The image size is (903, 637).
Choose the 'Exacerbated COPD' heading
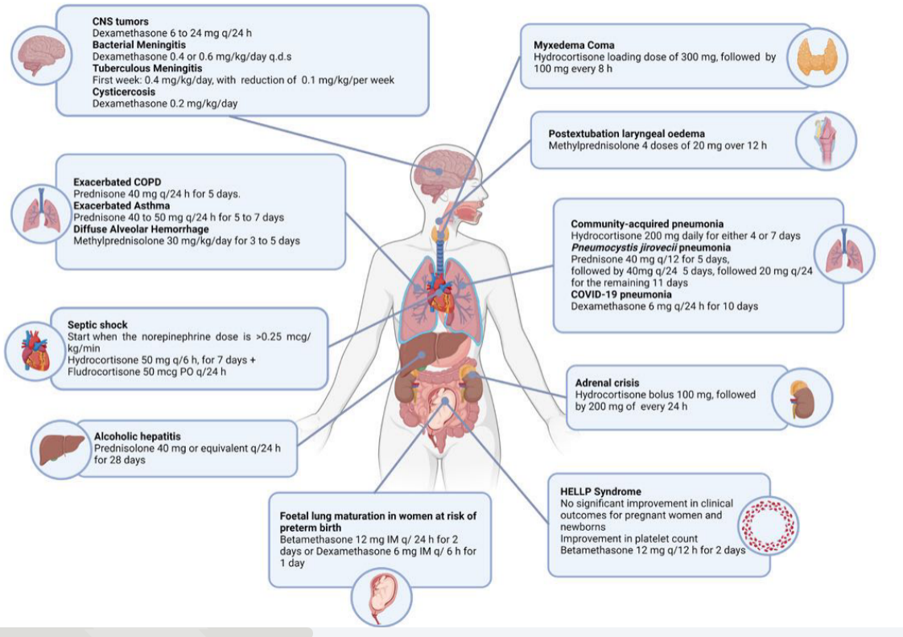(118, 183)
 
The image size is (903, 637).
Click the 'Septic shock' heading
(97, 325)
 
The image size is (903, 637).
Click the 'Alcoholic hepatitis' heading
(132, 435)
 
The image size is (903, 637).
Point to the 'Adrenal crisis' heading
(608, 383)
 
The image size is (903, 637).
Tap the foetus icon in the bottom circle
(381, 598)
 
